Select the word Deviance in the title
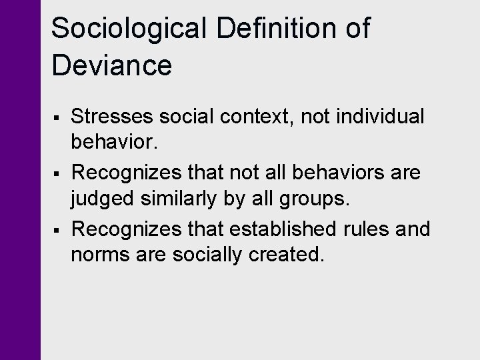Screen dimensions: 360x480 tap(112, 65)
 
